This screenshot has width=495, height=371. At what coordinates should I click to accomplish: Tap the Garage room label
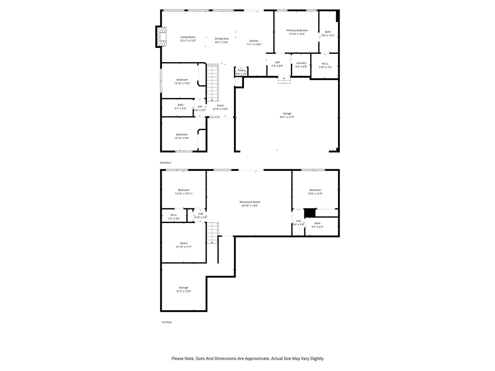tap(287, 114)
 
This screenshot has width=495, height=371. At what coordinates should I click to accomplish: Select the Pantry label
tap(242, 70)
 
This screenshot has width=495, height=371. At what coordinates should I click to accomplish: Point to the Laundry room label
tap(301, 63)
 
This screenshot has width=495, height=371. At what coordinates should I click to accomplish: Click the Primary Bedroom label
tap(297, 30)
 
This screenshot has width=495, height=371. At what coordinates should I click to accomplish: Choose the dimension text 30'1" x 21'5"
tap(287, 117)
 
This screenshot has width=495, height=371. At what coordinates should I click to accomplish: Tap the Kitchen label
tap(254, 41)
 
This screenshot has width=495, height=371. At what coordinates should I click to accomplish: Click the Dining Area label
tap(222, 39)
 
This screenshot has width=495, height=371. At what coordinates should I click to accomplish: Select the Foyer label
tap(220, 106)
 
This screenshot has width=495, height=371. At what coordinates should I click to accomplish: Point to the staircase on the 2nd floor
tap(212, 83)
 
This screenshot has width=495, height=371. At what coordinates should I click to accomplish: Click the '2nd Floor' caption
tap(166, 163)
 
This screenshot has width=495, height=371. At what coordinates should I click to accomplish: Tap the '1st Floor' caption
tap(166, 322)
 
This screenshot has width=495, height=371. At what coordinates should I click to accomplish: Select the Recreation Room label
tap(250, 202)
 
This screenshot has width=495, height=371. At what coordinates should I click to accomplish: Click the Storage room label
tap(184, 288)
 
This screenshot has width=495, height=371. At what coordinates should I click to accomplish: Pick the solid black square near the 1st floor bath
tap(310, 213)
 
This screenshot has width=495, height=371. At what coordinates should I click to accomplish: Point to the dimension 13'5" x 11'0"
tap(315, 194)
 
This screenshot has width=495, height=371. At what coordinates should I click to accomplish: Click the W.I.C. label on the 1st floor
tap(174, 215)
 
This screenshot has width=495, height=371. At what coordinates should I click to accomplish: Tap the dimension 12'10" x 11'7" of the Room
tap(184, 247)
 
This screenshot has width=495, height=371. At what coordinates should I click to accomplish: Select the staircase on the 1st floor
tap(212, 233)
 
